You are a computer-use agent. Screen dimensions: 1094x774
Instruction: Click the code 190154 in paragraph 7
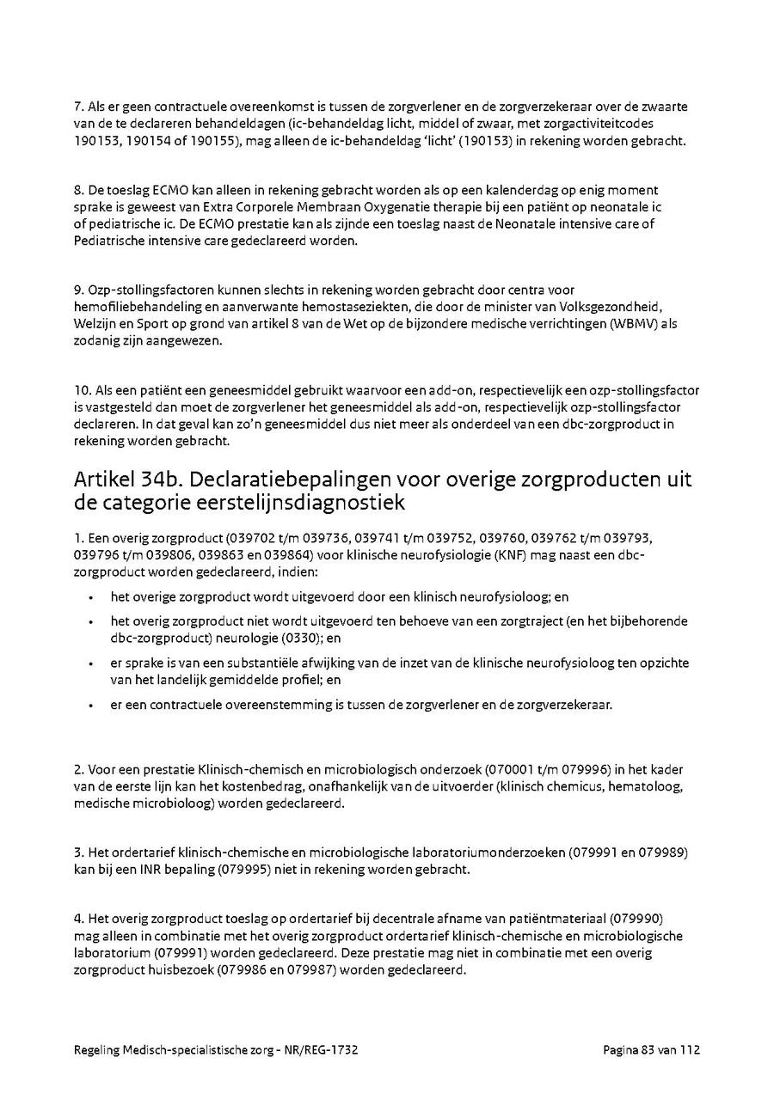coord(137,140)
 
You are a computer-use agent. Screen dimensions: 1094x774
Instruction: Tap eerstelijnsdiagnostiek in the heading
coord(298,501)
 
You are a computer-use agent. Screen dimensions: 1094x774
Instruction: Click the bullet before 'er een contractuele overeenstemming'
coord(90,706)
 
